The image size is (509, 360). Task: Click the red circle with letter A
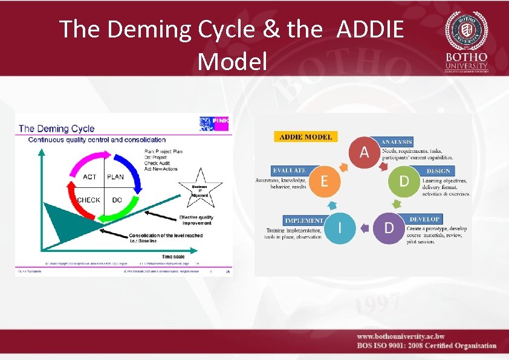pos(364,151)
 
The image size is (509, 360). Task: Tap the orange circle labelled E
pos(325,181)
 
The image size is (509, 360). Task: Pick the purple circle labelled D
pos(390,227)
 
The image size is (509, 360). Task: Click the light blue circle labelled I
pos(339,227)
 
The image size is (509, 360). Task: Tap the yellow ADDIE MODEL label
pos(305,137)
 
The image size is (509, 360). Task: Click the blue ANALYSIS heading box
pos(396,141)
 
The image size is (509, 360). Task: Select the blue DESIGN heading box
pos(438,172)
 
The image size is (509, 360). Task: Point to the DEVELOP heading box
pos(424,219)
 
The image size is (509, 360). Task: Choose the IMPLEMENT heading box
pos(304,221)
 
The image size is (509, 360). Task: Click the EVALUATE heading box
pos(289,171)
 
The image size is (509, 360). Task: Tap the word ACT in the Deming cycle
pos(89,177)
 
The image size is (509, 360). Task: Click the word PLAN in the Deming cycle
pos(115,177)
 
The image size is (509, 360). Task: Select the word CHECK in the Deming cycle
pos(88,200)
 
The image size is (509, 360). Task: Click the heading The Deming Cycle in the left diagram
pos(57,128)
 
